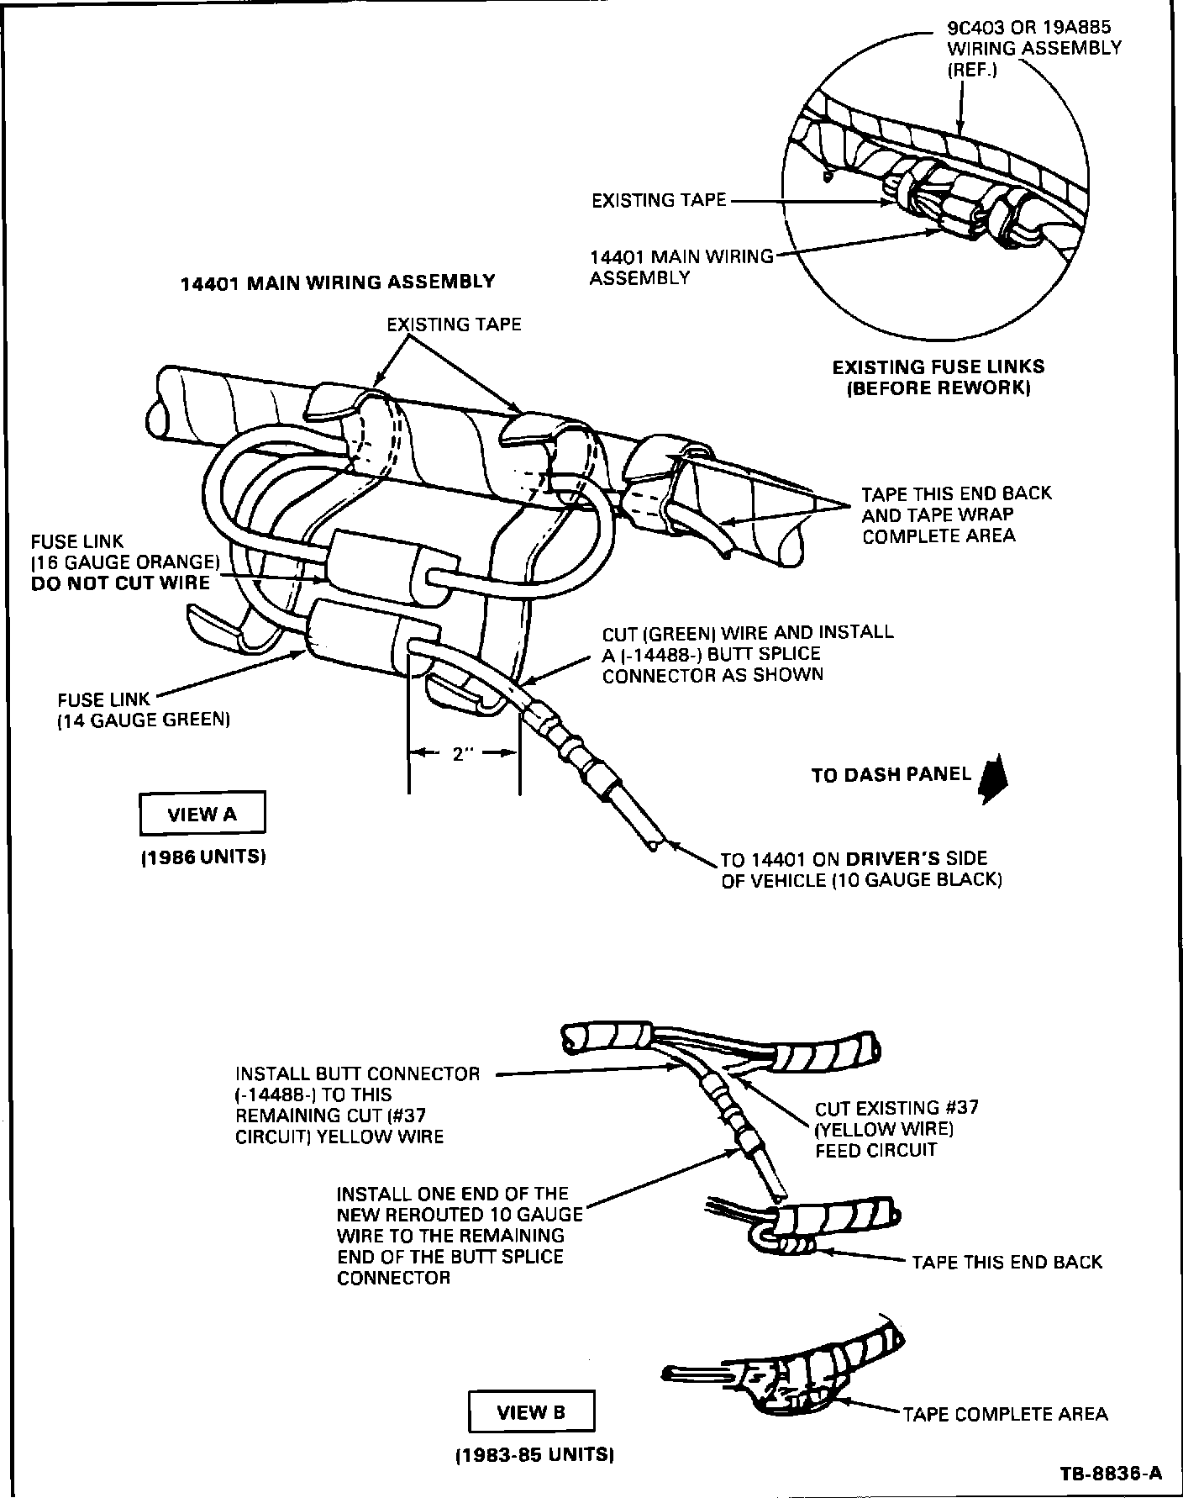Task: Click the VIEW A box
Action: [x=202, y=814]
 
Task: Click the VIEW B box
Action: [x=531, y=1412]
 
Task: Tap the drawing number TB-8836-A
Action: [x=1111, y=1472]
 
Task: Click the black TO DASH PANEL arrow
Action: [x=994, y=778]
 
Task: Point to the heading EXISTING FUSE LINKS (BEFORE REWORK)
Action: [x=938, y=377]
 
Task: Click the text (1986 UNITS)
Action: [x=203, y=858]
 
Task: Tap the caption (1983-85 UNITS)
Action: [x=534, y=1455]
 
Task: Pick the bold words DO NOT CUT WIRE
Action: [x=120, y=583]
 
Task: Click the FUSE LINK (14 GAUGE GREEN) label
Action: [x=144, y=709]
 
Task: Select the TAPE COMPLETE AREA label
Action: [x=1005, y=1414]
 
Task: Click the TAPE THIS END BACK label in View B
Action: [x=1007, y=1262]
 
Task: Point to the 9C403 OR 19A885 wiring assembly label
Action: [x=1034, y=48]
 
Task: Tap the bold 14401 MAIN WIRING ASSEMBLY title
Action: [x=339, y=282]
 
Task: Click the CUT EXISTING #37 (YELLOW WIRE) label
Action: [x=896, y=1129]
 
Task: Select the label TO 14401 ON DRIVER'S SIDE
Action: [x=861, y=869]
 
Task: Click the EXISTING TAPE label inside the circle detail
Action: [x=659, y=200]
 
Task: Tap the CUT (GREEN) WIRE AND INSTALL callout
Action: [x=748, y=653]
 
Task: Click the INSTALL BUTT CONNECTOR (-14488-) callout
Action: [x=358, y=1105]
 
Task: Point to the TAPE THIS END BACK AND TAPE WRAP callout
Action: [x=956, y=514]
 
